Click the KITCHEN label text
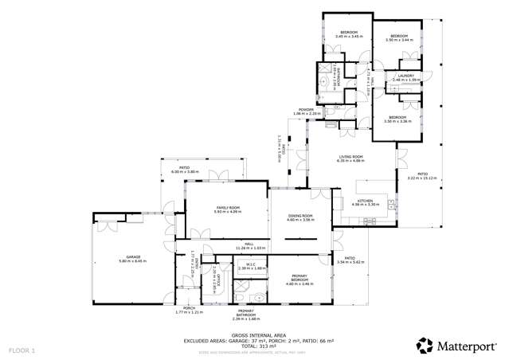[365, 201]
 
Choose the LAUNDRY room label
[402, 76]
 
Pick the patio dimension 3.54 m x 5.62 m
[350, 261]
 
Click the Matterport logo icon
[425, 345]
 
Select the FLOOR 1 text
[22, 350]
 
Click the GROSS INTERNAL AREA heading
[253, 335]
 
